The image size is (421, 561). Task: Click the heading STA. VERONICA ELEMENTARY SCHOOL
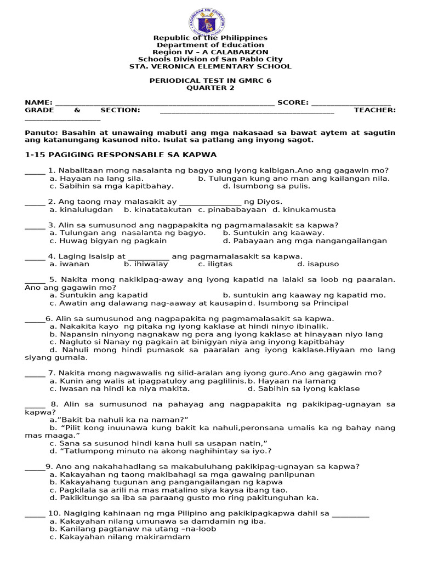tap(210, 66)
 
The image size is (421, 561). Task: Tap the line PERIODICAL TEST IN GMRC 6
tap(210, 81)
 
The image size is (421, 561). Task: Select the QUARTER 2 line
tap(210, 88)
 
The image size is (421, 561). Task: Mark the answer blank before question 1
tap(35, 171)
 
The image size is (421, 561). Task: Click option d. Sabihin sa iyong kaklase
tap(304, 388)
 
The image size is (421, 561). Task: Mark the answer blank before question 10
tap(35, 514)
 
